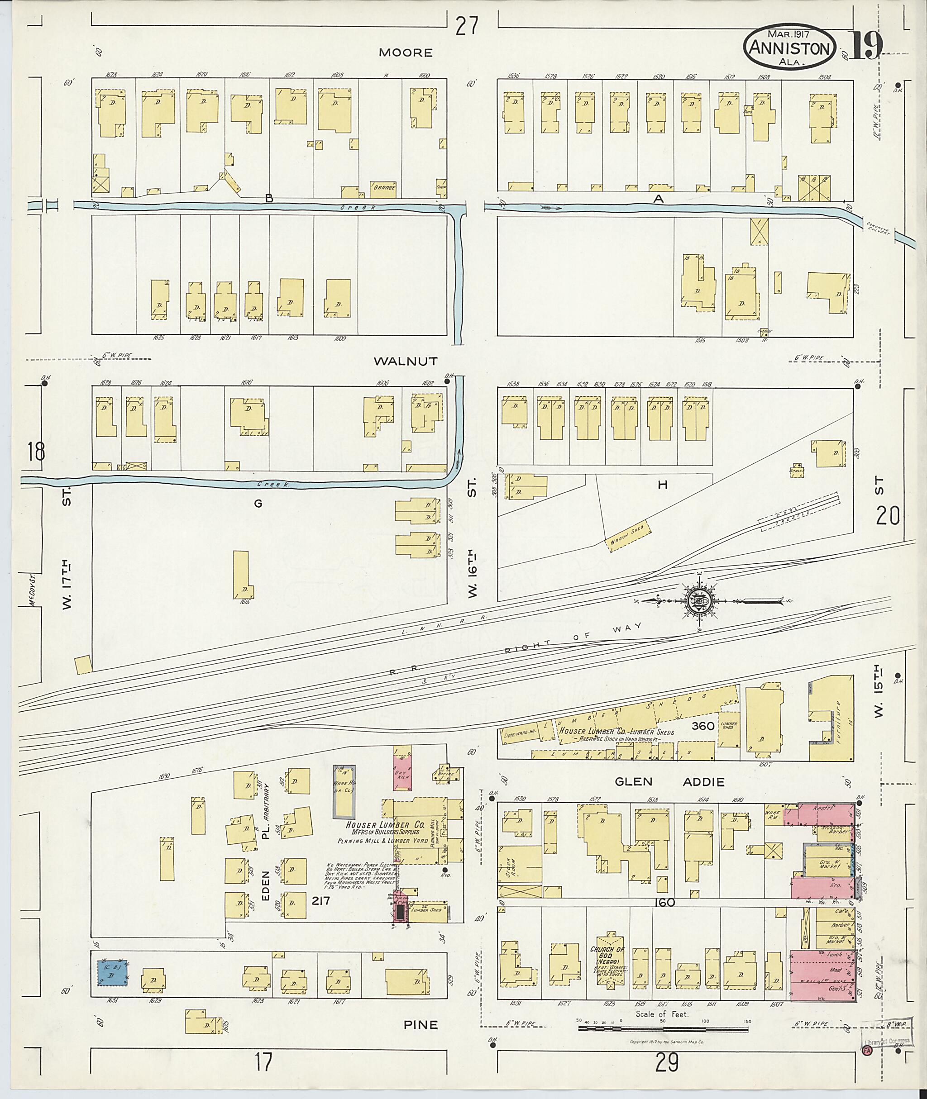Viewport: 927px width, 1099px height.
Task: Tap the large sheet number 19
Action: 866,46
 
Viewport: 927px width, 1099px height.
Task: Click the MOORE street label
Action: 413,52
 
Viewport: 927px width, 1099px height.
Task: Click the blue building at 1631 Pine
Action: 111,975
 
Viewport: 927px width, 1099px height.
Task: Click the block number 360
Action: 702,726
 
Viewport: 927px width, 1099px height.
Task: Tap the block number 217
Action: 320,900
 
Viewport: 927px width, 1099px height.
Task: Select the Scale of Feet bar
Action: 664,1028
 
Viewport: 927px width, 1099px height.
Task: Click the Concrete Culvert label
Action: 877,228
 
